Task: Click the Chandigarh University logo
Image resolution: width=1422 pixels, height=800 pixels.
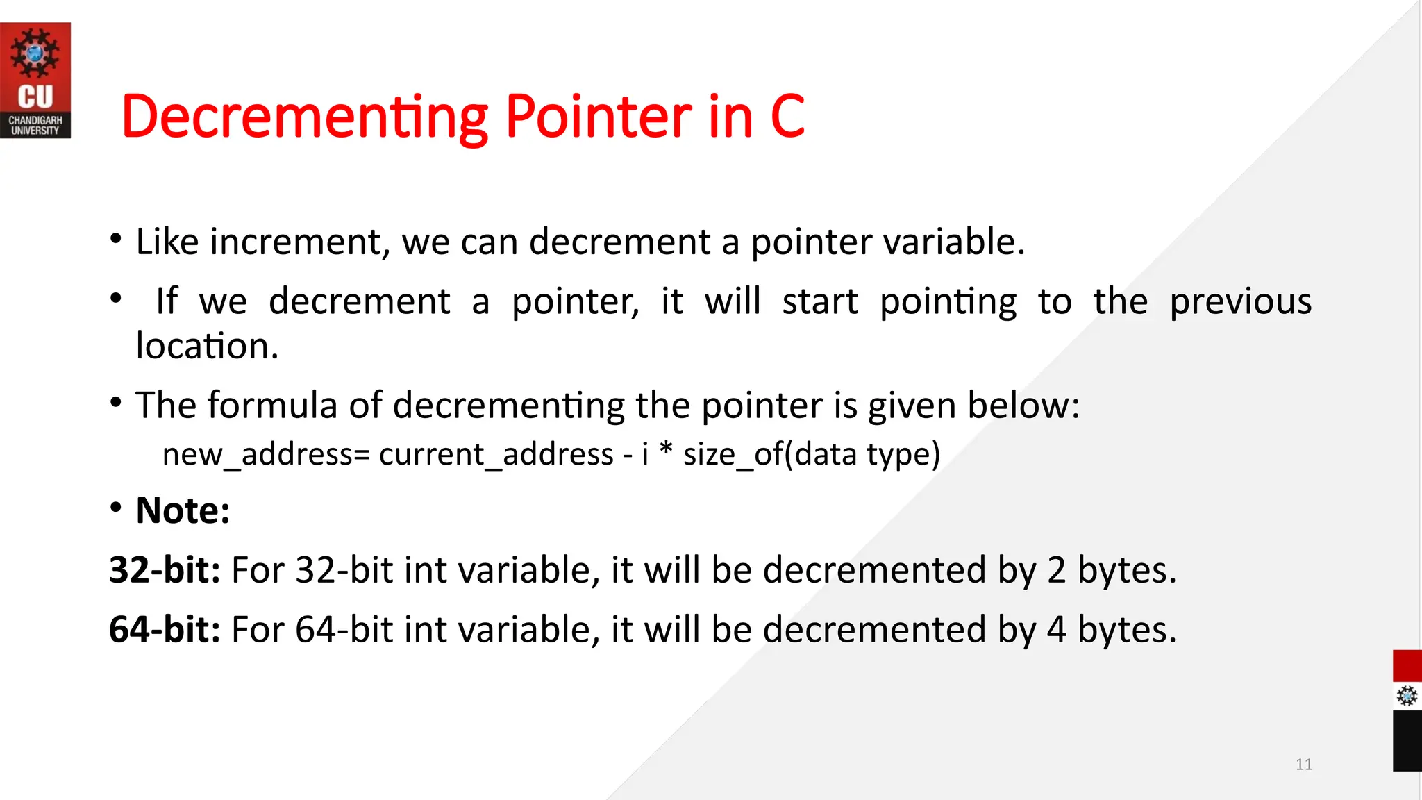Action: tap(35, 80)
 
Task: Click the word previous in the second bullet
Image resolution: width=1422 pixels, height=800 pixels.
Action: tap(1240, 301)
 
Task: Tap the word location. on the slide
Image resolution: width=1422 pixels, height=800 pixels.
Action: tap(207, 346)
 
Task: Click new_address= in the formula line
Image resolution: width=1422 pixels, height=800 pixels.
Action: tap(267, 455)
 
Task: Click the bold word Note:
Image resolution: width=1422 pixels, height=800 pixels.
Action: tap(183, 511)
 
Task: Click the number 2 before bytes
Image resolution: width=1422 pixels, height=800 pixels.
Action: tap(1056, 570)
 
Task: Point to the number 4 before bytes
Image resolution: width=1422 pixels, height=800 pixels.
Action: tap(1056, 630)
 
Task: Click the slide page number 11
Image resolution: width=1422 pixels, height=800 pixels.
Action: tap(1304, 765)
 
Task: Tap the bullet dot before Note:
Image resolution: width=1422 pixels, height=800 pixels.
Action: tap(116, 508)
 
